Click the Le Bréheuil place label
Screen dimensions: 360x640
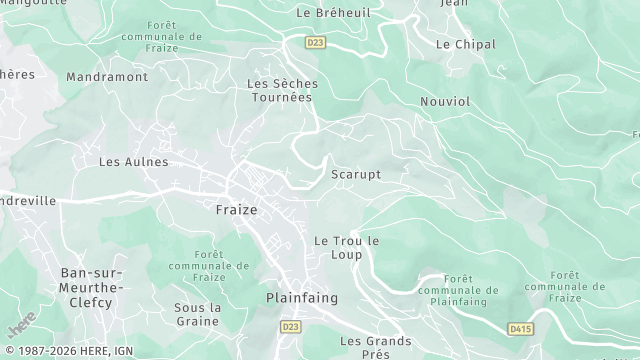tap(333, 12)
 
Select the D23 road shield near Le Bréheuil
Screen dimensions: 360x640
tap(316, 42)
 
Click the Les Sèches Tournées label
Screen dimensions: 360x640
tap(282, 90)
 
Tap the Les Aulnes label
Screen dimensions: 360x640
tap(133, 161)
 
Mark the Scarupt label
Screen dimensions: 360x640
tap(356, 174)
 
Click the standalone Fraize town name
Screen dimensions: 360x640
tap(236, 210)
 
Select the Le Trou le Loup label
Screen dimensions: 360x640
tap(347, 247)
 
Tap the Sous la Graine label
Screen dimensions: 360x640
tap(196, 314)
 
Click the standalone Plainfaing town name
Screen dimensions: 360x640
tap(302, 298)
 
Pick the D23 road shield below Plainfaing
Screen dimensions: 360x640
tap(291, 326)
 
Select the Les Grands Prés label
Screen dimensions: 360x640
tap(375, 347)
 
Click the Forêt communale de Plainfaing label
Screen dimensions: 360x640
tap(452, 291)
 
